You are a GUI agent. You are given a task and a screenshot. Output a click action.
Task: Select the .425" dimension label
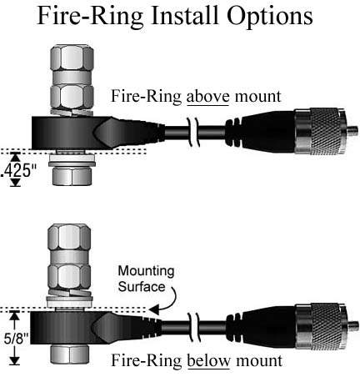[x=17, y=171]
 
